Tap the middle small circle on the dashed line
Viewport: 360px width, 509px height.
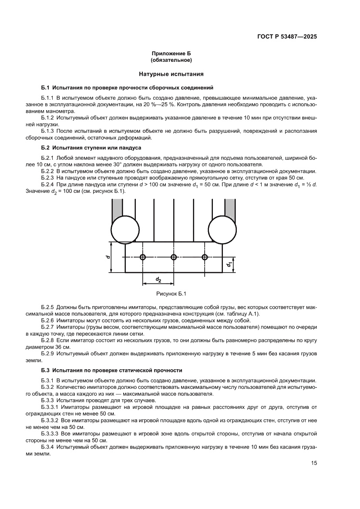[174, 257]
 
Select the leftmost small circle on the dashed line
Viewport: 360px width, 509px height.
[142, 257]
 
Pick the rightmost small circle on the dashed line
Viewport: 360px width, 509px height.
[205, 257]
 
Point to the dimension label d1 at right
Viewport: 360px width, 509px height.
[228, 264]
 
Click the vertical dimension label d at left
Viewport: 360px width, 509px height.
[108, 257]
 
